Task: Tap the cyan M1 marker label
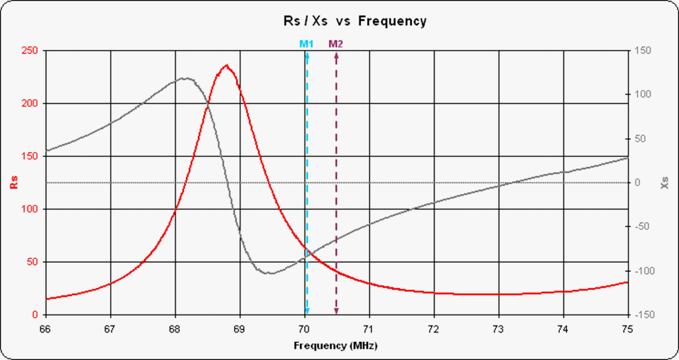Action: tap(306, 44)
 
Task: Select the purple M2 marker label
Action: tap(336, 44)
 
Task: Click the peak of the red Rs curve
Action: tap(227, 65)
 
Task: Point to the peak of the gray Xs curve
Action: tap(185, 78)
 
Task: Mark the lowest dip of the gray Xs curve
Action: tap(269, 273)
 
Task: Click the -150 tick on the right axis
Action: tap(644, 315)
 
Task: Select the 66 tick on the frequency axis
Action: tap(47, 328)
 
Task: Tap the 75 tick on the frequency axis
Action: tap(627, 328)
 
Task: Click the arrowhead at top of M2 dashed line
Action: tap(336, 55)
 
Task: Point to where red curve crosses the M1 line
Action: tap(306, 249)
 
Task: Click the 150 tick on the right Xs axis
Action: tap(642, 50)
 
